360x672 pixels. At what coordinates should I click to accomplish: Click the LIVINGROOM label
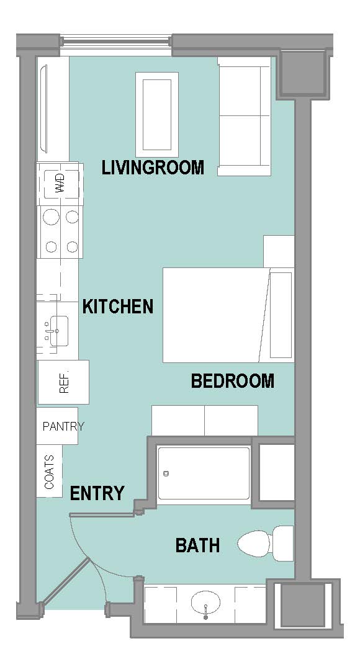(x=153, y=167)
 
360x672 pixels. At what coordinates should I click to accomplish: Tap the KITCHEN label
(x=117, y=307)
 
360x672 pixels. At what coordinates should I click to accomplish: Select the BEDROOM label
(x=232, y=380)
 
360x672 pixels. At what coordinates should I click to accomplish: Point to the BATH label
(x=197, y=545)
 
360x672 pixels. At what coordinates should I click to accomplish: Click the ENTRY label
(x=97, y=493)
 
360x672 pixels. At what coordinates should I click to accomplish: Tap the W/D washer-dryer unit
(x=60, y=184)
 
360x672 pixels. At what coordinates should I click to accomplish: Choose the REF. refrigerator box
(x=63, y=382)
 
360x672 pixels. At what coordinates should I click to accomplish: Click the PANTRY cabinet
(x=58, y=426)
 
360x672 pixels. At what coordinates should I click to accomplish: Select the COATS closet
(x=49, y=472)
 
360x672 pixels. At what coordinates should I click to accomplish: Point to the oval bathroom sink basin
(x=205, y=603)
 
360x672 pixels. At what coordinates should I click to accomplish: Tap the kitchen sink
(x=56, y=331)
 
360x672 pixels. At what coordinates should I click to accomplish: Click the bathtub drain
(x=166, y=473)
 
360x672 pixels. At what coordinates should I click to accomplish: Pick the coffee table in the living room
(x=157, y=115)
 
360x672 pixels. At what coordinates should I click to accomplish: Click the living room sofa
(x=245, y=116)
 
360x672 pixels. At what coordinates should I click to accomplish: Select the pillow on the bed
(x=281, y=315)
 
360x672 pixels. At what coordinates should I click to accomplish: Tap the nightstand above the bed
(x=279, y=251)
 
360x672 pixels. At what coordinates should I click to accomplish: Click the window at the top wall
(x=115, y=45)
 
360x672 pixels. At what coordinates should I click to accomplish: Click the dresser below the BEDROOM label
(x=205, y=421)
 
